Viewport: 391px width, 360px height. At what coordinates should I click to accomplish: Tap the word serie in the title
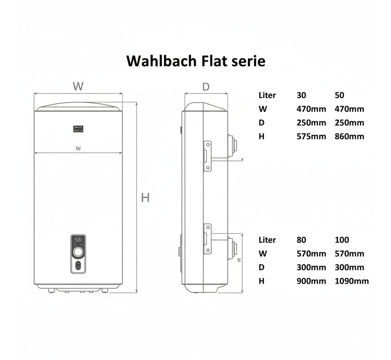pos(248,61)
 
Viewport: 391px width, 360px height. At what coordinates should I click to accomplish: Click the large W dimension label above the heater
pos(78,86)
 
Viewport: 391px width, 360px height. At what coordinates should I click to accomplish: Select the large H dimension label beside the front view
pos(145,198)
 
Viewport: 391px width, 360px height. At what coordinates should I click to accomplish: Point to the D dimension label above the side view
pos(206,86)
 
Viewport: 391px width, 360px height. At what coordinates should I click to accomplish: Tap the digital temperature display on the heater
pos(78,241)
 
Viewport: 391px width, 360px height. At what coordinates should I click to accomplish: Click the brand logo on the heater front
pos(78,129)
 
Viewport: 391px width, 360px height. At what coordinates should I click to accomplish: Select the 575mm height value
pos(311,136)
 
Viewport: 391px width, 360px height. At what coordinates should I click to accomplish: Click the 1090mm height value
pos(351,281)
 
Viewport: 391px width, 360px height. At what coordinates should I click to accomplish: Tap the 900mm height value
pos(311,281)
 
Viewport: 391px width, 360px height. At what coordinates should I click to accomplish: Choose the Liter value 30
pos(301,95)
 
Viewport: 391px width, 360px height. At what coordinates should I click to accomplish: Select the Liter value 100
pos(341,240)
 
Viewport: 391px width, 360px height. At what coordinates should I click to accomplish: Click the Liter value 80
pos(301,240)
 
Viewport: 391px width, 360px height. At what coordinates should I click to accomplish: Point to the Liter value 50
pos(340,95)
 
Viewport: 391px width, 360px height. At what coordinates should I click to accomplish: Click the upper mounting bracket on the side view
pos(206,156)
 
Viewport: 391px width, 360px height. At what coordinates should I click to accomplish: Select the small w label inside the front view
pos(78,148)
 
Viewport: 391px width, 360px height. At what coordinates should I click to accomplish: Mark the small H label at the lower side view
pos(239,259)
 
